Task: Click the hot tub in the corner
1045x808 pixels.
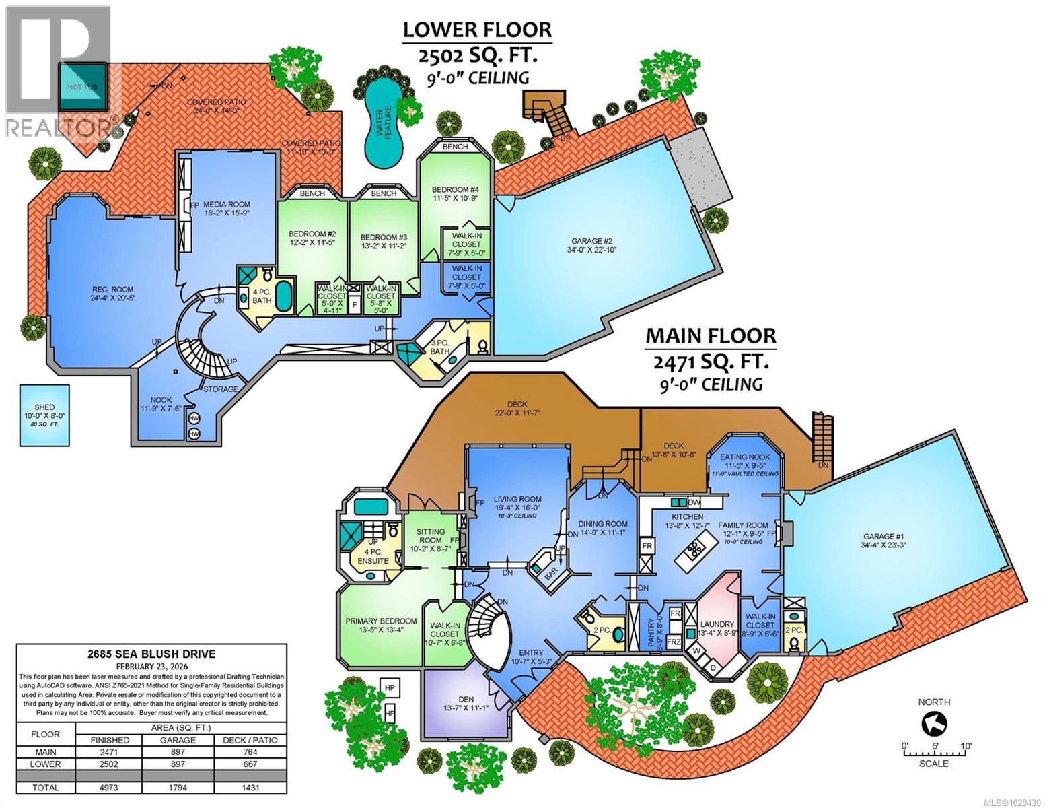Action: tap(83, 88)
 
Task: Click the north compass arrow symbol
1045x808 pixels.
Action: tap(935, 725)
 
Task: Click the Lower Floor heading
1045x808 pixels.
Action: tap(477, 30)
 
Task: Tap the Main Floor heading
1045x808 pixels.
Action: tap(711, 335)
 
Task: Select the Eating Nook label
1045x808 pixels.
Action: tap(744, 456)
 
